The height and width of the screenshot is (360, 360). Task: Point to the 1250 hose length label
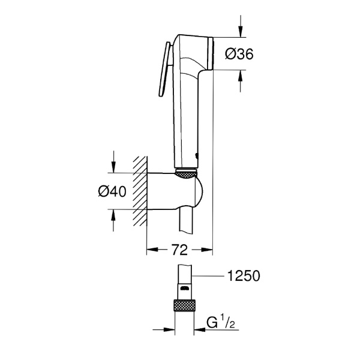click(x=244, y=277)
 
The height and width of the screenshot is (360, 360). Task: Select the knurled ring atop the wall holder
click(x=187, y=173)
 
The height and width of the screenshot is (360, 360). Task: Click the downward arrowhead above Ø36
click(x=241, y=31)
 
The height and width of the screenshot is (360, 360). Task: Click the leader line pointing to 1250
click(x=210, y=277)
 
